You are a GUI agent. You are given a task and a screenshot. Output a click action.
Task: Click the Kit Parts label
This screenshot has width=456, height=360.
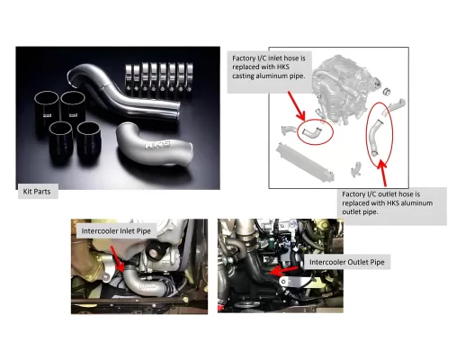pyautogui.click(x=37, y=192)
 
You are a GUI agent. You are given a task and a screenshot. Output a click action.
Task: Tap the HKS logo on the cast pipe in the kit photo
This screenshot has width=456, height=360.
pyautogui.click(x=157, y=145)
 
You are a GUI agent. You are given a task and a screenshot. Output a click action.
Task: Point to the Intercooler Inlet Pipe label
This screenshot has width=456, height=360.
pyautogui.click(x=116, y=231)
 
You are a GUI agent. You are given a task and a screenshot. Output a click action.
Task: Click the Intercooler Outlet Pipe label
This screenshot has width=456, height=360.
pyautogui.click(x=347, y=262)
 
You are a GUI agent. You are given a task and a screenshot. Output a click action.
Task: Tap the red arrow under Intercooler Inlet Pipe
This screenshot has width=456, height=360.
pyautogui.click(x=118, y=259)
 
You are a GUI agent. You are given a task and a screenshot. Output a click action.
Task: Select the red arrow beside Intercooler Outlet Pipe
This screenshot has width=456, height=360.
pyautogui.click(x=283, y=271)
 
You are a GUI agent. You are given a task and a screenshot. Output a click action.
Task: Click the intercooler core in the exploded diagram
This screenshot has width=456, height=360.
pyautogui.click(x=305, y=162)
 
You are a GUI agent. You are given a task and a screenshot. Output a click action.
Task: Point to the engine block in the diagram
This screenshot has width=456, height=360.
pyautogui.click(x=342, y=87)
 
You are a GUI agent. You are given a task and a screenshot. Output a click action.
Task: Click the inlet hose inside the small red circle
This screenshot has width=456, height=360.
pyautogui.click(x=311, y=132)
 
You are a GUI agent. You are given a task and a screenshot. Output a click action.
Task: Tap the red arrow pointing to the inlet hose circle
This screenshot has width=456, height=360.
pyautogui.click(x=296, y=106)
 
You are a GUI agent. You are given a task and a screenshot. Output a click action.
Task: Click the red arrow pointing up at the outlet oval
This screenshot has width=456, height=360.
pyautogui.click(x=382, y=173)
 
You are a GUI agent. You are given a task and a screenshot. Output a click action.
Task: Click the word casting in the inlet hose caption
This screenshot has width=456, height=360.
pyautogui.click(x=243, y=76)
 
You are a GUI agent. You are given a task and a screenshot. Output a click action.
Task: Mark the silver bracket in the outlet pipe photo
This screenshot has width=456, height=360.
pyautogui.click(x=297, y=282)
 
